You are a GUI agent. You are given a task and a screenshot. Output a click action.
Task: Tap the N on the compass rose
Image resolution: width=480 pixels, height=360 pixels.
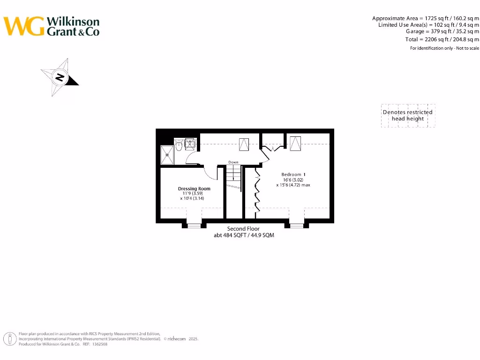[x=60, y=77]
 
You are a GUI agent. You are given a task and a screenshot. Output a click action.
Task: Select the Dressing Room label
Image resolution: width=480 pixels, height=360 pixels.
[x=194, y=189]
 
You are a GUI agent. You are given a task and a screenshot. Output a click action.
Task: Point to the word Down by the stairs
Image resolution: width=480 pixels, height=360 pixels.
[x=233, y=162]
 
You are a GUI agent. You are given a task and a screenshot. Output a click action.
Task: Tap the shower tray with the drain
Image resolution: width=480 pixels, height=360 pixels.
[x=167, y=155]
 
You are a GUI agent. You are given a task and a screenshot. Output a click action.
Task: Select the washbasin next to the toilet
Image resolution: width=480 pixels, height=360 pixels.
[x=190, y=143]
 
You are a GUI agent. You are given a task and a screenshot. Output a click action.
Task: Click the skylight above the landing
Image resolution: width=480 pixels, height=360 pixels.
[x=244, y=144]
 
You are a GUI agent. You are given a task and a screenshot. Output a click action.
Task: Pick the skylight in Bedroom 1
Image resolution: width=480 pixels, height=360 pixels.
[x=296, y=143]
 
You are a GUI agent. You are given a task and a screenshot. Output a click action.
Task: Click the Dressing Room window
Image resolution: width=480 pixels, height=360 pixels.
[x=194, y=225]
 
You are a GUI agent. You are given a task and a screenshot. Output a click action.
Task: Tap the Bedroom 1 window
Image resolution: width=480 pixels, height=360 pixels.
[x=296, y=225]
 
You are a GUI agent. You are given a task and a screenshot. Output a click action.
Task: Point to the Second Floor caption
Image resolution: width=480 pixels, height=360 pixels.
[x=244, y=229]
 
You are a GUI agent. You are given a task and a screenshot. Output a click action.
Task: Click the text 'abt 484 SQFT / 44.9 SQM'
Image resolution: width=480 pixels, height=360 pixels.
[x=244, y=235]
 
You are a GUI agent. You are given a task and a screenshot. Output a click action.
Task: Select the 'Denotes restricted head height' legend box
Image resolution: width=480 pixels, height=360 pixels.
[x=408, y=115]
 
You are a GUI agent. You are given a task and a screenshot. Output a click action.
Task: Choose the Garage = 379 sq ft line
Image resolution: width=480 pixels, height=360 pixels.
[x=442, y=31]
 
